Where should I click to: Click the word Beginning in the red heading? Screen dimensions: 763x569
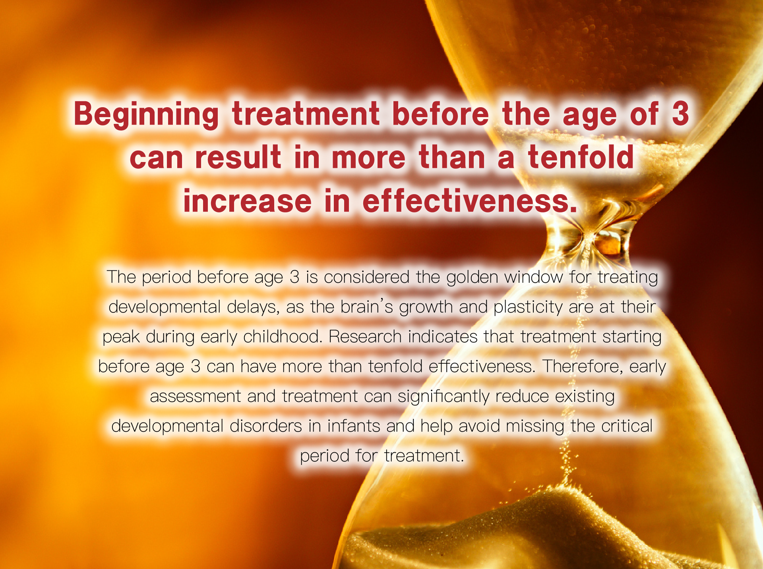click(146, 114)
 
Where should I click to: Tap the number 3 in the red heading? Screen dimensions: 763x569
click(680, 113)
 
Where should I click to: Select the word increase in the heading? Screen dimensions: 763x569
click(247, 201)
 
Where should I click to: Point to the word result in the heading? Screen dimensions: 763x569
click(238, 157)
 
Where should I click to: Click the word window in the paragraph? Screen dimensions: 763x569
click(533, 277)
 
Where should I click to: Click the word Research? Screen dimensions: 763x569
click(365, 337)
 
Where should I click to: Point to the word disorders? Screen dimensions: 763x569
click(265, 426)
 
